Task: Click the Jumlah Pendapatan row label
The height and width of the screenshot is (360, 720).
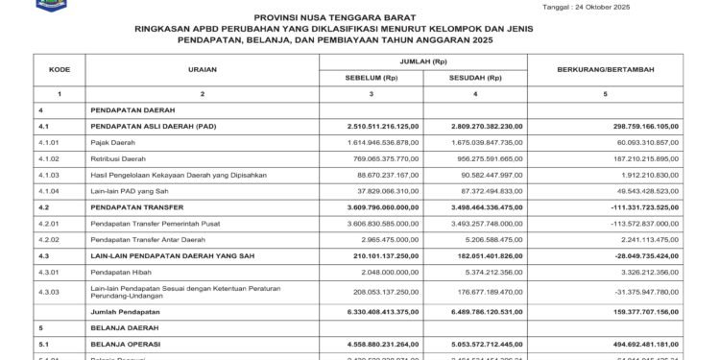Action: pos(125,312)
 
